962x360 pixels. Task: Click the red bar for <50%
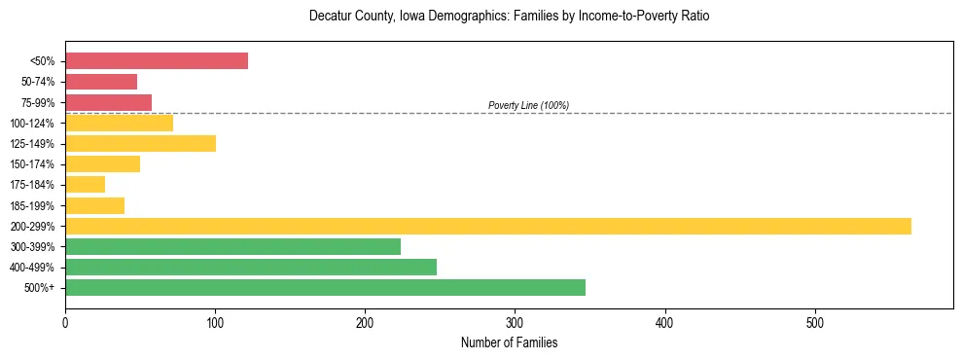tap(157, 61)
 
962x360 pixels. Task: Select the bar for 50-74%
tap(101, 82)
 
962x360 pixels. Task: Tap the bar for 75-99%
tap(108, 102)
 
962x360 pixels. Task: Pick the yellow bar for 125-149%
tap(140, 144)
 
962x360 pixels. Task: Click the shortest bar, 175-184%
tap(85, 185)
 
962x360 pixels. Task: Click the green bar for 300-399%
tap(232, 247)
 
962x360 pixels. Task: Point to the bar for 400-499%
tap(251, 268)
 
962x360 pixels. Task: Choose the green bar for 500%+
tap(325, 288)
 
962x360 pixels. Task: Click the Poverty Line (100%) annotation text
tap(528, 105)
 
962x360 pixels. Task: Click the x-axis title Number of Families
tap(509, 342)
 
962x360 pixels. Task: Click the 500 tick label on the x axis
tap(815, 322)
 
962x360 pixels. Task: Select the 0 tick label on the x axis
tap(65, 322)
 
